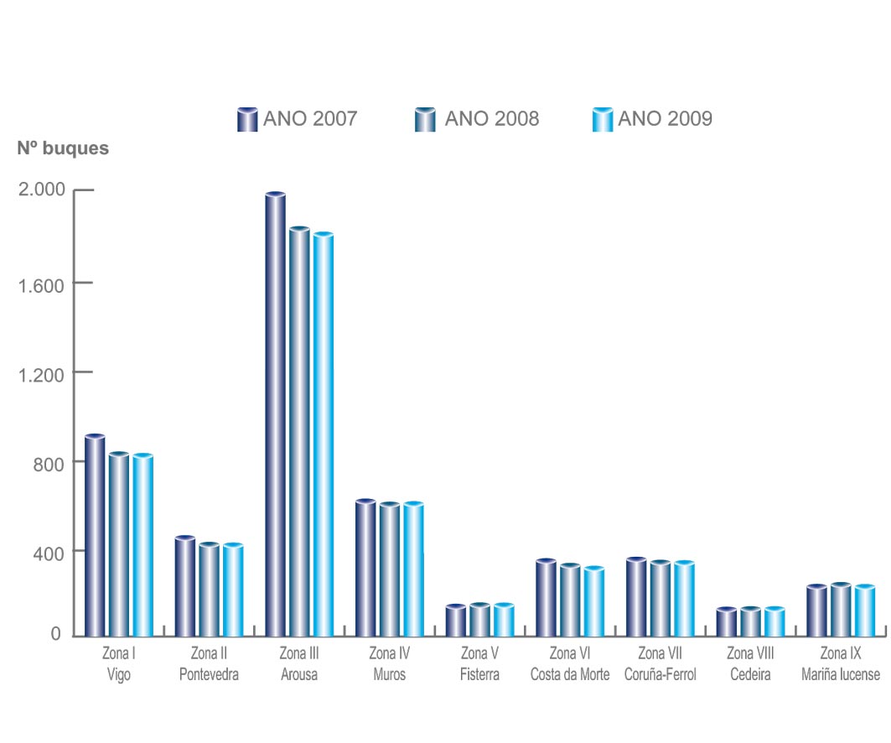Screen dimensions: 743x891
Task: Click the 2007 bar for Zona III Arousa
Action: [275, 415]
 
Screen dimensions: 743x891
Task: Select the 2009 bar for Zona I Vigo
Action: [142, 545]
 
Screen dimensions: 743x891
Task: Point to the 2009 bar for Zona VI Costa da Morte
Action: [593, 601]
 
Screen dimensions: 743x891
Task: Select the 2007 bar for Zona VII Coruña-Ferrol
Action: [636, 597]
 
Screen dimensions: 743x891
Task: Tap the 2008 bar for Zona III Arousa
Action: [299, 432]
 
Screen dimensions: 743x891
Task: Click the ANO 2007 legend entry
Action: [298, 119]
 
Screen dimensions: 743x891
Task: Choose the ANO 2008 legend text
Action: [492, 119]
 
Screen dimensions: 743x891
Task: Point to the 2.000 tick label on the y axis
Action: [41, 190]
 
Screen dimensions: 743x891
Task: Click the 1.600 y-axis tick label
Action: [41, 283]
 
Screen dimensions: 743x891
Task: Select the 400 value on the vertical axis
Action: [49, 551]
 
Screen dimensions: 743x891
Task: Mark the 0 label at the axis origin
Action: [55, 635]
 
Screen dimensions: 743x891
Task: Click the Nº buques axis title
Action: [63, 148]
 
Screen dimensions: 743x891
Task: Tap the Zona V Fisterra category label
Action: [479, 664]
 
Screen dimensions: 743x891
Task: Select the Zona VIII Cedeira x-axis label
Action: [750, 664]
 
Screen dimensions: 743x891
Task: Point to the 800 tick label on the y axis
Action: [49, 462]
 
